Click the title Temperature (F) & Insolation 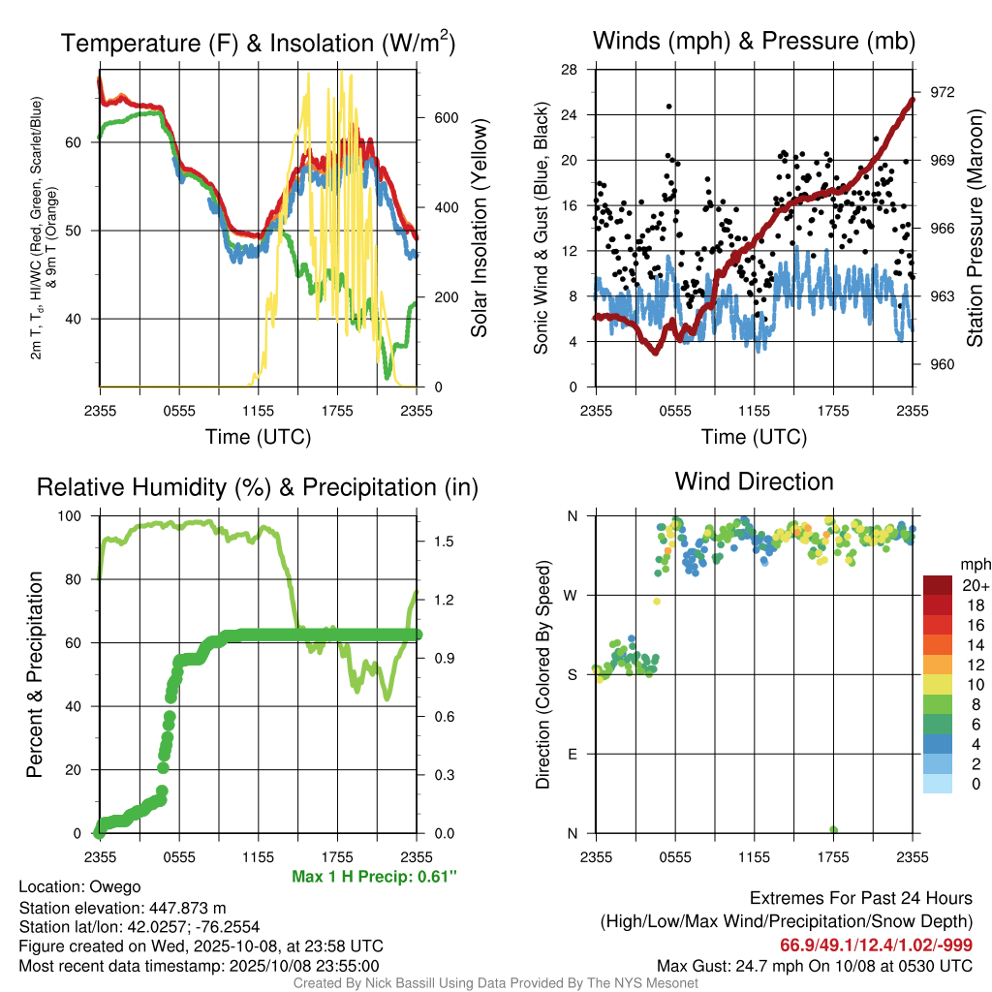[x=258, y=43]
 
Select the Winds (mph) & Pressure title [x=754, y=41]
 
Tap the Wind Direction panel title [x=754, y=481]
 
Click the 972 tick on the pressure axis [x=942, y=92]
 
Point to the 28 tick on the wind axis [x=571, y=69]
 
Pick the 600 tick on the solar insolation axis [x=446, y=118]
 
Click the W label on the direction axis [x=572, y=595]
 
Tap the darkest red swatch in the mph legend [x=938, y=585]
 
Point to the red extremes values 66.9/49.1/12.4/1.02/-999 [x=876, y=945]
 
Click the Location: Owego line [x=79, y=886]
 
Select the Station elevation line [x=122, y=907]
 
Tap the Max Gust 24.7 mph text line [x=814, y=965]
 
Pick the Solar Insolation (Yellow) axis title [x=479, y=229]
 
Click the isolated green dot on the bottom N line [x=833, y=830]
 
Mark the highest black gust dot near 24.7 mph [x=668, y=107]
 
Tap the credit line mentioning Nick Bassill [x=495, y=982]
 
